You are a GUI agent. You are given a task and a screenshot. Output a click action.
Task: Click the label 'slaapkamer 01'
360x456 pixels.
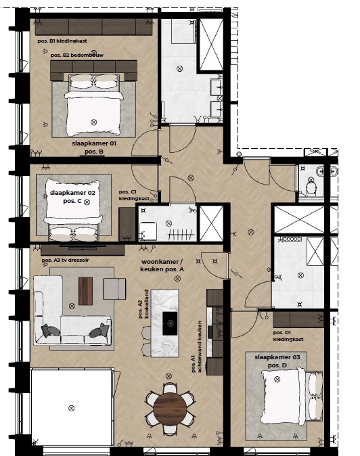[94, 143]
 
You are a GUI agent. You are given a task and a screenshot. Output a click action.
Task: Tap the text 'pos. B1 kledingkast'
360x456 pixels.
[62, 41]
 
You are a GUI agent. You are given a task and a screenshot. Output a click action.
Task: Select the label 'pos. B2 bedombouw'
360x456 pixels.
[77, 55]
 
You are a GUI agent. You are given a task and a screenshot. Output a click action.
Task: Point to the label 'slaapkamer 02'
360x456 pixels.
[72, 193]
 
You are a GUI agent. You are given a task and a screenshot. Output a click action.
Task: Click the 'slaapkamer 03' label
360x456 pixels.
[277, 357]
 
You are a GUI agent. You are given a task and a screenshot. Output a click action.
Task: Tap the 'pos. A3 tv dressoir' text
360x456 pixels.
[66, 260]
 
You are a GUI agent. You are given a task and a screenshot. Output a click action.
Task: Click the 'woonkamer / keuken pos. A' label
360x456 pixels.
[162, 265]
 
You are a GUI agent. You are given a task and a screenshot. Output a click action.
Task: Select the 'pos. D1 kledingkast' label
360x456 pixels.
[288, 336]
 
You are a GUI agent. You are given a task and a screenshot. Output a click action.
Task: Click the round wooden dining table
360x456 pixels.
[170, 409]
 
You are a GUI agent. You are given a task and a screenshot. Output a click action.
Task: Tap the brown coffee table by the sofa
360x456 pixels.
[85, 291]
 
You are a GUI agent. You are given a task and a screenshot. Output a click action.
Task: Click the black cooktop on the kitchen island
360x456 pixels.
[170, 323]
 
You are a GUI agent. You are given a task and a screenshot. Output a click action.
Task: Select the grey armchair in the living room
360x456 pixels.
[114, 289]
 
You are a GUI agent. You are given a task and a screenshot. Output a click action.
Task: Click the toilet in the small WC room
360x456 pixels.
[311, 187]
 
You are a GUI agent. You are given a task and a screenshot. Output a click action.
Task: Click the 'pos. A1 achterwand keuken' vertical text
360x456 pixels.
[196, 347]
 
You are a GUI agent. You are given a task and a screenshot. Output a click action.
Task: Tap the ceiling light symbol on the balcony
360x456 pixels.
[71, 409]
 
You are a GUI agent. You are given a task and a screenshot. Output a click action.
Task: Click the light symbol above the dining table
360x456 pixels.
[168, 376]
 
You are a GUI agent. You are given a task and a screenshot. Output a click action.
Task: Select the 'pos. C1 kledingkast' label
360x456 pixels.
[134, 196]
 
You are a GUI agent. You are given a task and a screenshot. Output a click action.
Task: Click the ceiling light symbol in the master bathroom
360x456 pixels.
[180, 68]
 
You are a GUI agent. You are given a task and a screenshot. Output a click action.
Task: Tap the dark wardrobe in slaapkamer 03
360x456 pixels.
[298, 319]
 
